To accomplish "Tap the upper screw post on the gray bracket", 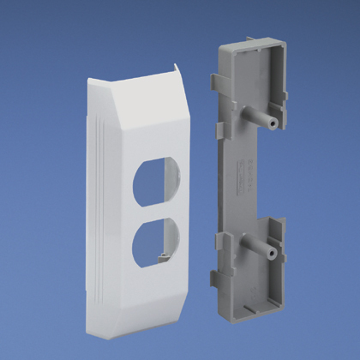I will point(255,114).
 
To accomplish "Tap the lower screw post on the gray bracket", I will point(255,249).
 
